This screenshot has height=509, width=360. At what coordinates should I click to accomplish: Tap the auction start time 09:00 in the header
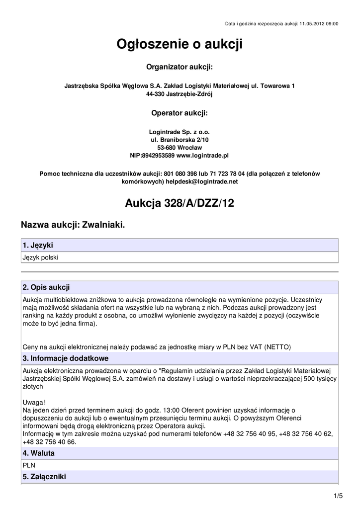coord(332,23)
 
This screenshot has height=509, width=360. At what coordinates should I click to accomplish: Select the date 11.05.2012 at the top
coord(312,23)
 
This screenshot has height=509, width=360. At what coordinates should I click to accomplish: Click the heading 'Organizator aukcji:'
coord(180,67)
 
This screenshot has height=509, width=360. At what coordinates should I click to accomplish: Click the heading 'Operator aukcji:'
coord(180,113)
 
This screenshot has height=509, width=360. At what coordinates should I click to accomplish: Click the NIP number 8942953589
coord(159,156)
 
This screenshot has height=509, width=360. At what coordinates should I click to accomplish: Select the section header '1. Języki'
coord(38,246)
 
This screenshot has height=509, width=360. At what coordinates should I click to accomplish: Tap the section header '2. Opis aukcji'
coord(46,287)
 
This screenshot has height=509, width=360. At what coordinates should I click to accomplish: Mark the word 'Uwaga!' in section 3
coord(34,402)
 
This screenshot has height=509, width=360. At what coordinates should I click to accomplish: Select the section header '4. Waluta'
coord(38,453)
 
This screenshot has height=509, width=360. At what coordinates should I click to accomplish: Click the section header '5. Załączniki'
coord(44,477)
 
